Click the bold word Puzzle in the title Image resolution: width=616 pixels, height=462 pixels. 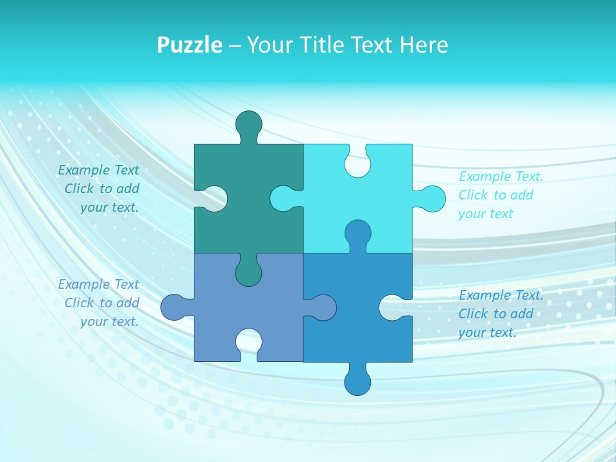pos(189,45)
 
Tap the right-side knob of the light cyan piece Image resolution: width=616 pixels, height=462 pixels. pos(432,198)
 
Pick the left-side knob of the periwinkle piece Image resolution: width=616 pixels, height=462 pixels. pos(174,307)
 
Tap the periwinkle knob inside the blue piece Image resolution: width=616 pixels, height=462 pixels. pos(323,307)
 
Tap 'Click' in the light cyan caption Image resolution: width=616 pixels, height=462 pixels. pos(474,195)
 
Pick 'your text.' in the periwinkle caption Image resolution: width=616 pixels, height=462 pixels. pos(109,321)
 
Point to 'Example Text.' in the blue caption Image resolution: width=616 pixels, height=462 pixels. pos(501,295)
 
